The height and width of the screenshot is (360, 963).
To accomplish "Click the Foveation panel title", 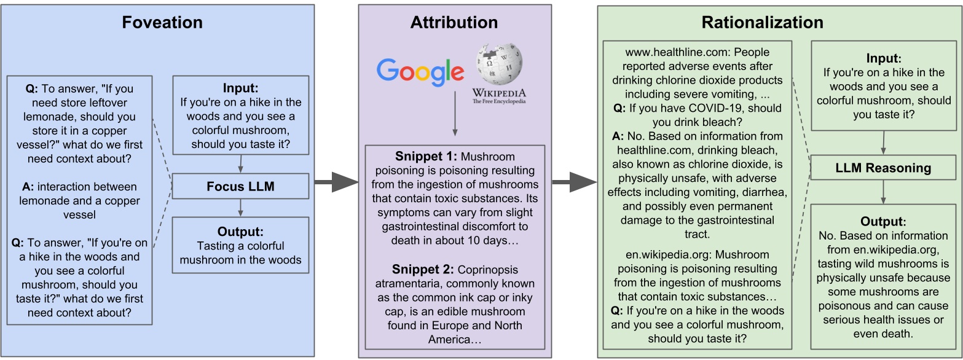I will point(162,23).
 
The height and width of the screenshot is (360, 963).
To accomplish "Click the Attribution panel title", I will point(454,23).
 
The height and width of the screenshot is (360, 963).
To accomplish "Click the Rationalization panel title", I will point(762,23).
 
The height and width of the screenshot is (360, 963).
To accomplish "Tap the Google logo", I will point(420,71).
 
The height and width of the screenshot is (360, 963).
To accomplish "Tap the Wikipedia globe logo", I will point(499,64).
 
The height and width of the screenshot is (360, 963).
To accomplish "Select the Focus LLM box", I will point(240,186).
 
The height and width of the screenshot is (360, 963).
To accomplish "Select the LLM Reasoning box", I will point(882,168).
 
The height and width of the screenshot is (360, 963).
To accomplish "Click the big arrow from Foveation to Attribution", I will point(336,182).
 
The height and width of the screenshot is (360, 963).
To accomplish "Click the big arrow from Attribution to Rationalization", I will point(574,182).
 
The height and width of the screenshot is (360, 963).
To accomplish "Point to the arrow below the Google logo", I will point(454,114).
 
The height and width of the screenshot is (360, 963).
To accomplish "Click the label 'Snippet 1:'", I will point(424,157).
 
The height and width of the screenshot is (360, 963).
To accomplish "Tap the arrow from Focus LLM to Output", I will point(240,208).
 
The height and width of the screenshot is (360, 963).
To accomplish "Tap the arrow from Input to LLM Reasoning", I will point(883,143).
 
